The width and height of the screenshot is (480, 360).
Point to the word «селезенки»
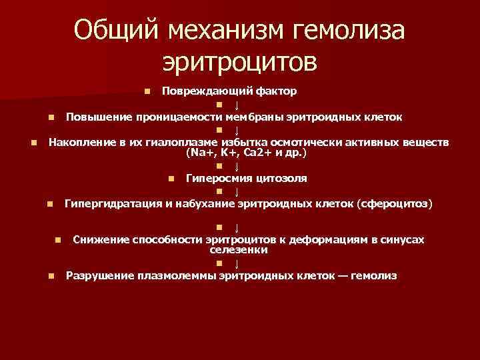(239, 249)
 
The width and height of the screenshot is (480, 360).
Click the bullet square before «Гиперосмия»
(171, 179)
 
